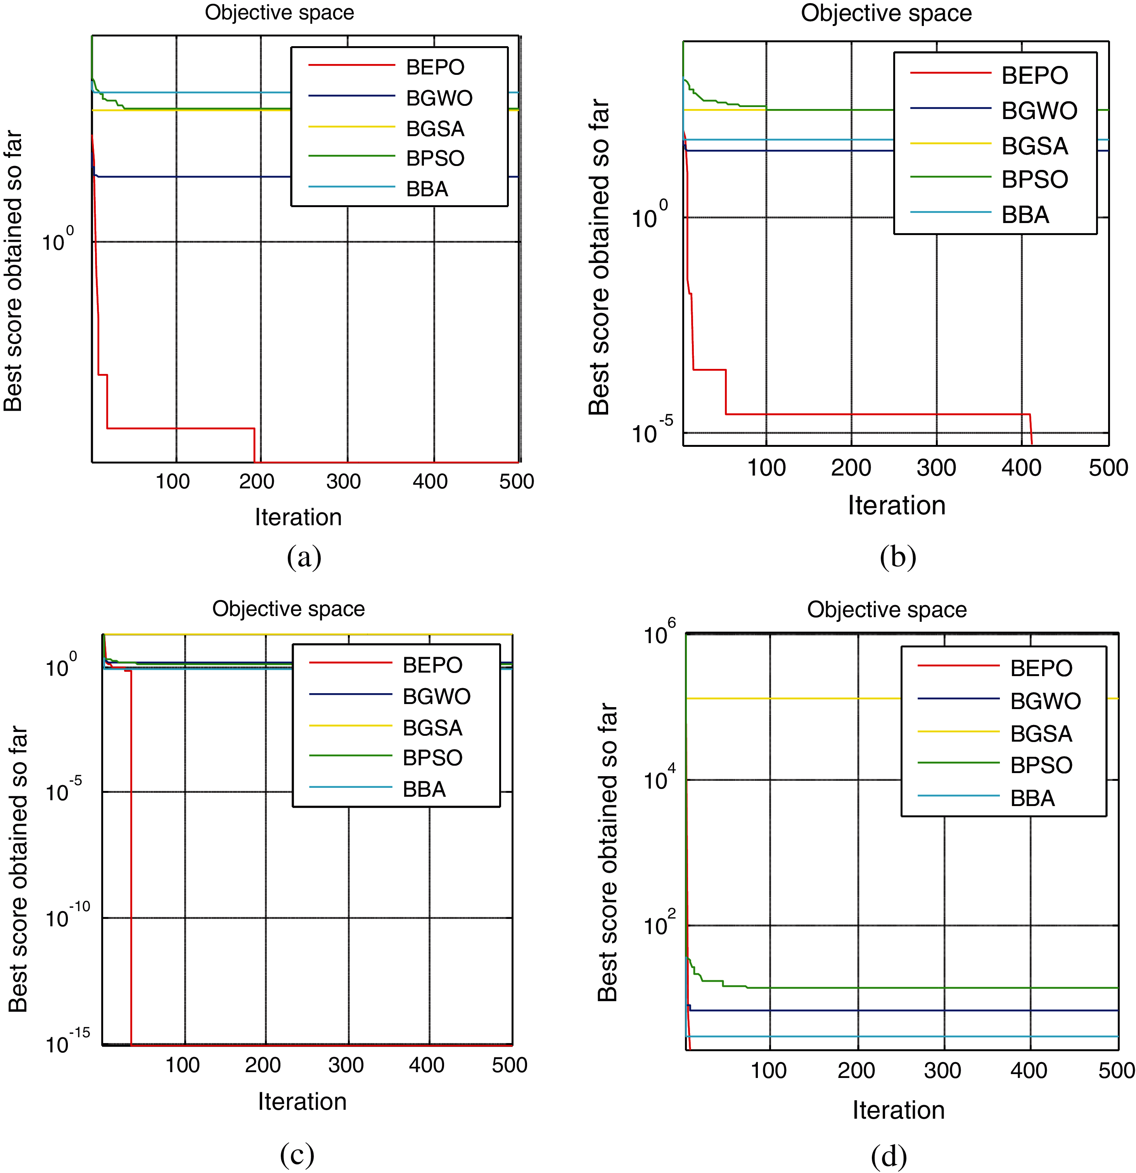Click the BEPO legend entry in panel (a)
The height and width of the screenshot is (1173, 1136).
tap(435, 67)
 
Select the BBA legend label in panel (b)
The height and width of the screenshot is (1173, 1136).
tap(1025, 215)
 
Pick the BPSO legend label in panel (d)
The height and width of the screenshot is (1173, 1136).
tap(1041, 765)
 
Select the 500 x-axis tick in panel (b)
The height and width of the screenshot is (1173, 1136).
tap(1108, 467)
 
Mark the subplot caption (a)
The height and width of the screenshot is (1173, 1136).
tap(304, 557)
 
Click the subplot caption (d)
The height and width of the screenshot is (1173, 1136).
tap(889, 1156)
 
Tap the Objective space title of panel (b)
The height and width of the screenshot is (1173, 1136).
tap(886, 13)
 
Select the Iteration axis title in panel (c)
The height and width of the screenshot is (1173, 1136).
tap(302, 1101)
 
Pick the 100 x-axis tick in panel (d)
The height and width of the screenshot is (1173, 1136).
tap(768, 1070)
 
